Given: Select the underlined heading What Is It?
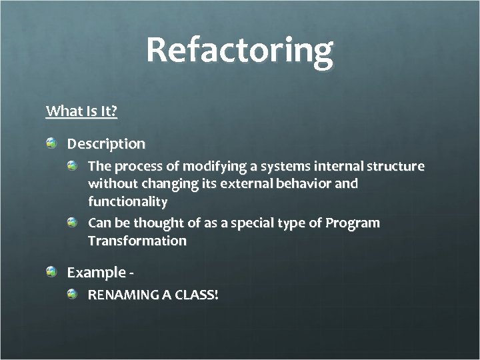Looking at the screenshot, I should pos(81,111).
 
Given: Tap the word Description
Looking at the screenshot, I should pos(106,143).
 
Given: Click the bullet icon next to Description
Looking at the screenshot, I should pos(52,143).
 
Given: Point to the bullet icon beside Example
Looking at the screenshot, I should pos(52,272).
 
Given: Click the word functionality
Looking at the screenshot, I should pos(128,201).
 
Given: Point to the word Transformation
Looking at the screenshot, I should pos(137,241).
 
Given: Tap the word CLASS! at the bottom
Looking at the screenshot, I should pos(197,294).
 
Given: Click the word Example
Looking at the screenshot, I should pos(96,273).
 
